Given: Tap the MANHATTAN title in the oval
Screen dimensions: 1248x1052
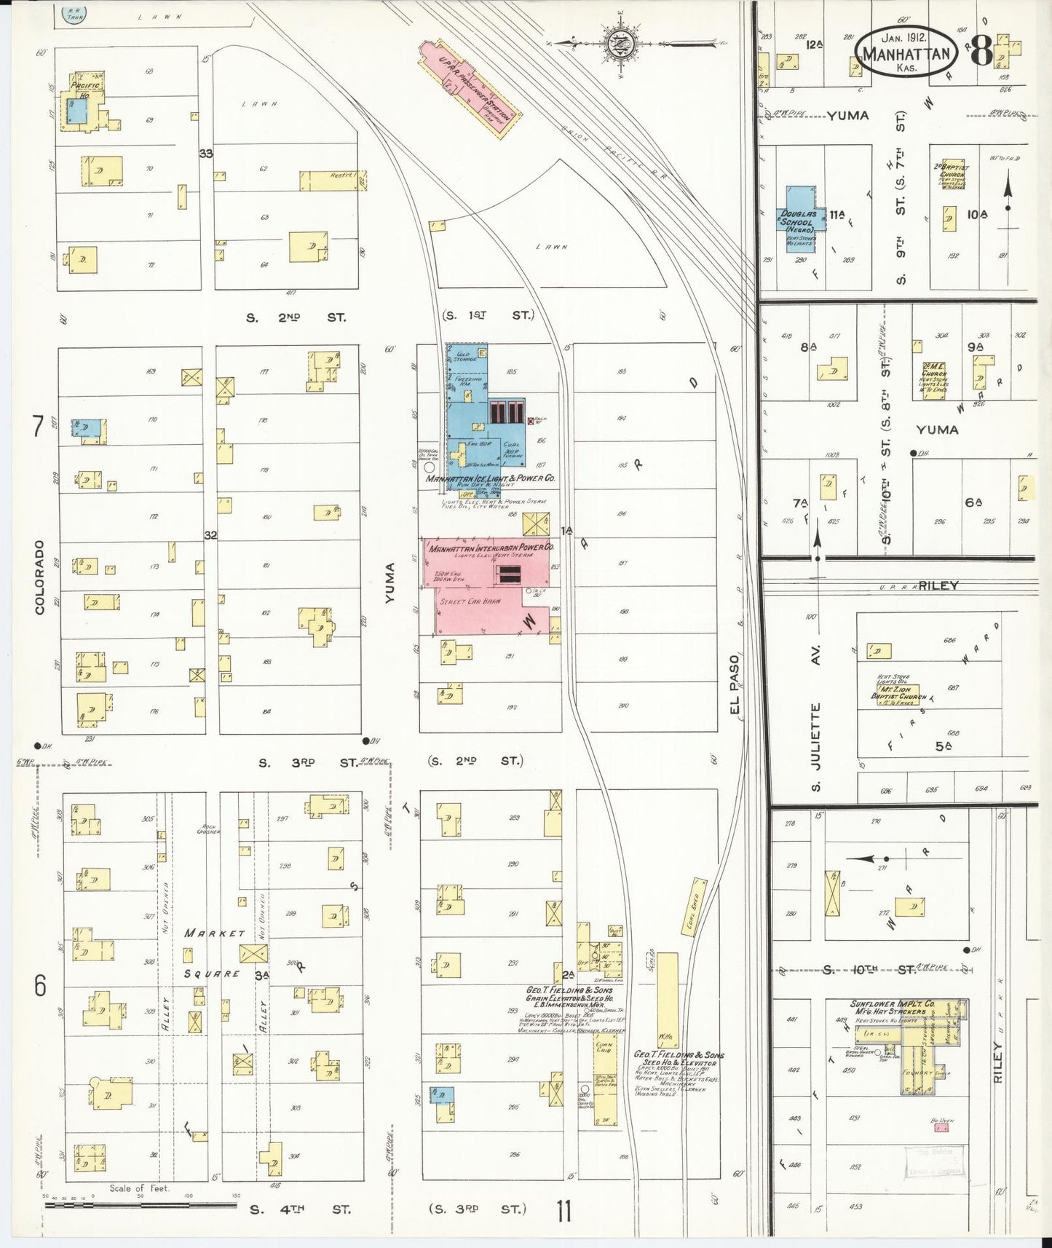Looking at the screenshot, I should click(906, 55).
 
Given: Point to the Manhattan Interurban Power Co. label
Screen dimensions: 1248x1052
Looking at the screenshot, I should click(491, 547).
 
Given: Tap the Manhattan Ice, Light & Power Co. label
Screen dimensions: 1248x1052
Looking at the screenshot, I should click(490, 478).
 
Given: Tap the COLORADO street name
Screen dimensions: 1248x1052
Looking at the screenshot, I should click(39, 577).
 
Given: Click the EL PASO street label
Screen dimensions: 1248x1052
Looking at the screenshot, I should click(734, 684).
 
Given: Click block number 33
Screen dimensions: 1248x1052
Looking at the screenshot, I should click(206, 154).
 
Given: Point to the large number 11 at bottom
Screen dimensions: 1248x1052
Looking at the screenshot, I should click(563, 1211).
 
